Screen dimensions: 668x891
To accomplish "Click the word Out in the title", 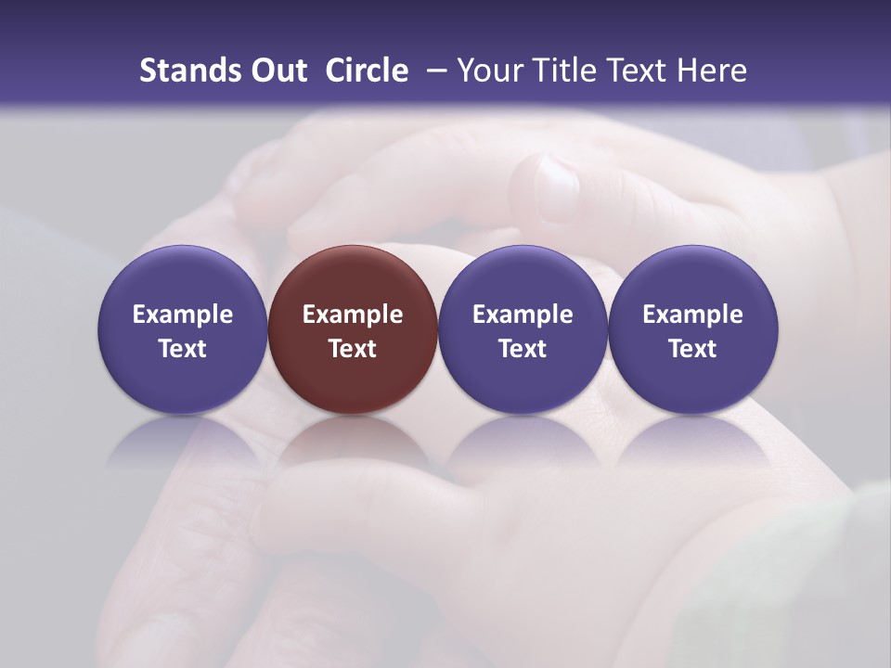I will [277, 71].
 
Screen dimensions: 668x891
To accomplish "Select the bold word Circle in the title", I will [367, 71].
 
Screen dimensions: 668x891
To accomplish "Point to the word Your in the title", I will [488, 71].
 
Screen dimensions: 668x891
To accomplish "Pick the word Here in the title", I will [712, 71].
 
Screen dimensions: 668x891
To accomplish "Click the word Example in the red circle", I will [353, 315].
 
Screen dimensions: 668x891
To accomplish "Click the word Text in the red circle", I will [353, 349].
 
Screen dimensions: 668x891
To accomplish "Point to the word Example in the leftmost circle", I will [183, 315].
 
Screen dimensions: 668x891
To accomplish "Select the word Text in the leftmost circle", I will [183, 349].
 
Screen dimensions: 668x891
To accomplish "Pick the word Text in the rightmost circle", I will [692, 349].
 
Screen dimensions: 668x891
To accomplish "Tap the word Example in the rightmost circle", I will [692, 315].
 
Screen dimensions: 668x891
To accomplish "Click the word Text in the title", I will [635, 71].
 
